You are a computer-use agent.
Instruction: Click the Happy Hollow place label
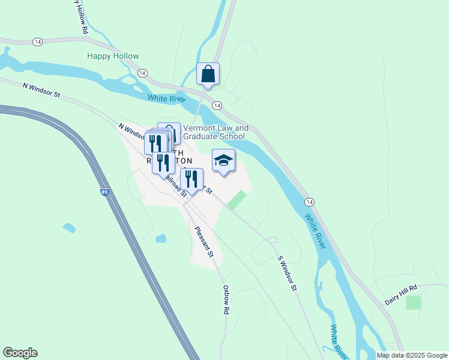click(x=113, y=56)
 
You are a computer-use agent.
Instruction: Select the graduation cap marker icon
click(x=223, y=160)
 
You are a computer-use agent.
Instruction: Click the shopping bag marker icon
click(x=208, y=74)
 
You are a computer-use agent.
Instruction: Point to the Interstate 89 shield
click(x=105, y=192)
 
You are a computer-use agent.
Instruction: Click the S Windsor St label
click(x=287, y=273)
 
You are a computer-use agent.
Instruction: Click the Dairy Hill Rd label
click(x=400, y=294)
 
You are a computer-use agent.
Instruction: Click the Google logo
click(x=20, y=353)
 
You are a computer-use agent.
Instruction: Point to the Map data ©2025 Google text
click(x=411, y=355)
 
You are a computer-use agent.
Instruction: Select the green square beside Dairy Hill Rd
click(x=414, y=302)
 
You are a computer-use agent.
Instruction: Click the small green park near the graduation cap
click(x=237, y=200)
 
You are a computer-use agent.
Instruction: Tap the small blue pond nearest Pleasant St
click(x=160, y=239)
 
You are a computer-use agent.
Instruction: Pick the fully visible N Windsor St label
click(x=41, y=91)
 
